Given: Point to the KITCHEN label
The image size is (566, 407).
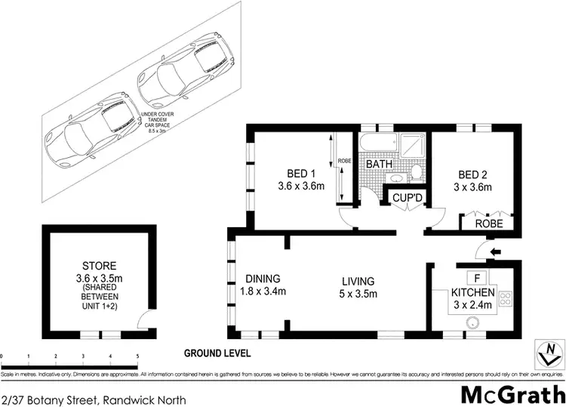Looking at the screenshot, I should point(472,292).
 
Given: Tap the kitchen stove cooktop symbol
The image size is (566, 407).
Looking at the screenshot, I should point(506,299).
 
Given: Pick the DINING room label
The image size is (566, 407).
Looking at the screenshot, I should point(263,278).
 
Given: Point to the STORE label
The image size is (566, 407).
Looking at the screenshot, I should point(99,266).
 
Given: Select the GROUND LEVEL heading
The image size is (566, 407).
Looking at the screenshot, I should point(217,353).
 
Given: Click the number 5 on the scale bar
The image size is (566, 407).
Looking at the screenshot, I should point(137,356).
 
